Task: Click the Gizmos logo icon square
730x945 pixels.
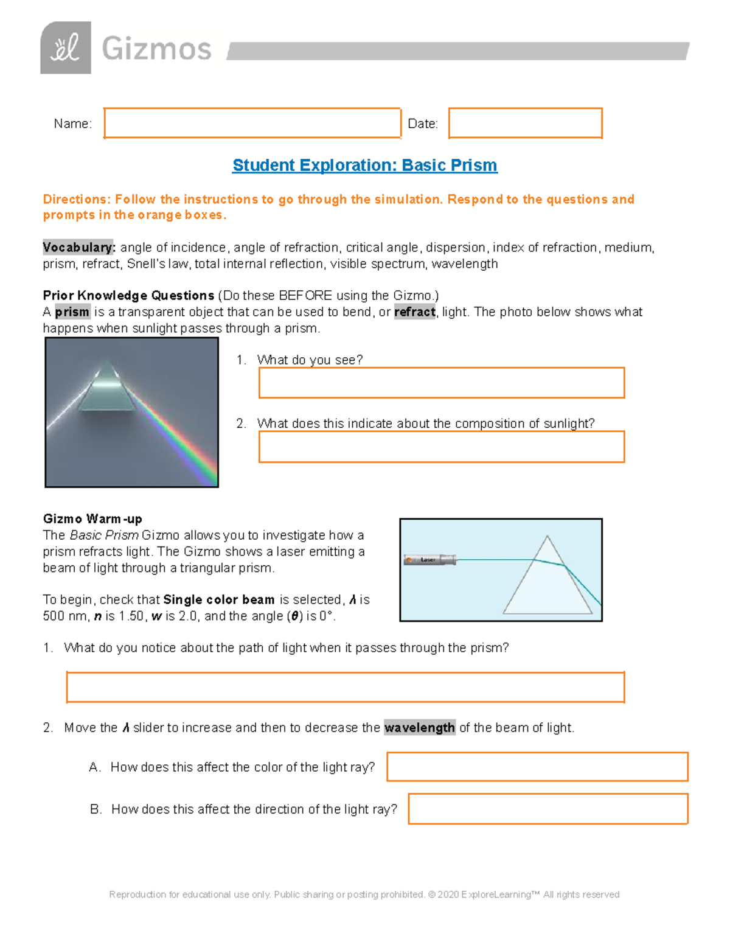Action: [66, 48]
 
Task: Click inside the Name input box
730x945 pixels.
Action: [252, 124]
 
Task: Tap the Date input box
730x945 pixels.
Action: [525, 124]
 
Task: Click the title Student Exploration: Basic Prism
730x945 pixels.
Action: [365, 166]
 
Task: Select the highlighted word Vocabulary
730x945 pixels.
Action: [78, 248]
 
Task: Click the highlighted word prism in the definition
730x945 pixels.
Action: [72, 312]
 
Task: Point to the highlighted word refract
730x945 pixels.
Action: [415, 312]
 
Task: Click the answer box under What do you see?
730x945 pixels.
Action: [442, 383]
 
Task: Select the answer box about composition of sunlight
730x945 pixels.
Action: [442, 447]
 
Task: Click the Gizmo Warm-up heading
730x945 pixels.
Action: [92, 519]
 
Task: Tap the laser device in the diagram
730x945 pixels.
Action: [430, 560]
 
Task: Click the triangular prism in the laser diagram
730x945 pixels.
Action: [547, 584]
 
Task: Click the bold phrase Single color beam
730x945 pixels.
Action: [219, 600]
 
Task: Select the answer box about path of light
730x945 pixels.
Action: [346, 688]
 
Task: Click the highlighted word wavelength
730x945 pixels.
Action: [420, 728]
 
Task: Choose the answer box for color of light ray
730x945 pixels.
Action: [537, 767]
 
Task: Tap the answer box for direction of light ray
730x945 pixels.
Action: [547, 809]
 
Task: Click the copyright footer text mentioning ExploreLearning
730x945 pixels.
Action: [364, 894]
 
